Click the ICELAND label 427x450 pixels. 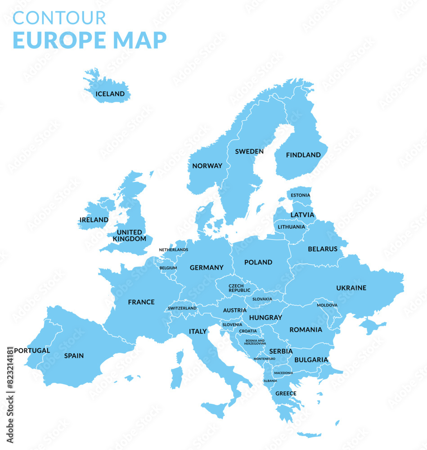[x=110, y=94]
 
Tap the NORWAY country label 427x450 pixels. [x=207, y=166]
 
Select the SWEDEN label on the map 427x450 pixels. [x=249, y=152]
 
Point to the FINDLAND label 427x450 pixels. [x=304, y=155]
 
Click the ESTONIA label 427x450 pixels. [x=301, y=195]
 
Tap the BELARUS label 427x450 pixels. [x=323, y=249]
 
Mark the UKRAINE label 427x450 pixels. [x=351, y=288]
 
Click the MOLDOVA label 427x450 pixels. [x=327, y=305]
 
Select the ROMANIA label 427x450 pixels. [x=306, y=329]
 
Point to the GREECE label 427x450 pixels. [x=286, y=393]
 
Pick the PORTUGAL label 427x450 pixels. [x=32, y=351]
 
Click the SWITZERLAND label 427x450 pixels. [x=182, y=308]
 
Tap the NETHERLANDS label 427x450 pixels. [x=174, y=250]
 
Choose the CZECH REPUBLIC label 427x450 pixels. [x=239, y=288]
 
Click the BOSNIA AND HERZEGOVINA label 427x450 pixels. [x=255, y=342]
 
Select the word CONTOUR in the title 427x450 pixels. [x=59, y=18]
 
